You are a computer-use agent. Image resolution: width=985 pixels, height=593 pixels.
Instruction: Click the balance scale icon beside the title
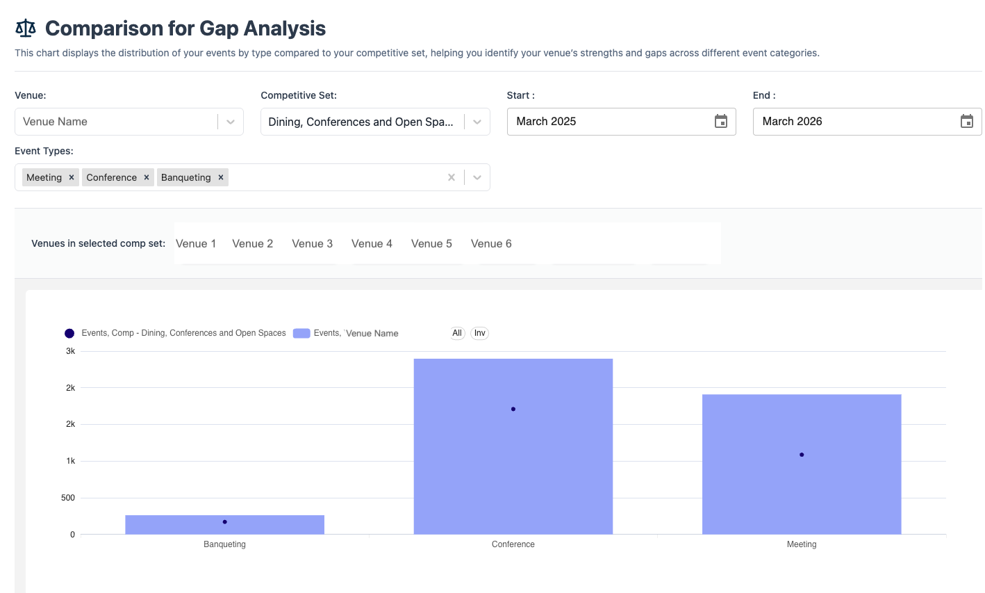(26, 29)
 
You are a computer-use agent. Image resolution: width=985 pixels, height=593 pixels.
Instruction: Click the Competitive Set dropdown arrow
(477, 122)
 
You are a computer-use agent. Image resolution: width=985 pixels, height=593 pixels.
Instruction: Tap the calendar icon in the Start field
(721, 122)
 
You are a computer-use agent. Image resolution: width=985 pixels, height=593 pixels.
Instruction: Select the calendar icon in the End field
(966, 122)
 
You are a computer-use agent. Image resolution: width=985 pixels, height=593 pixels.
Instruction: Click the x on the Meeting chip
(72, 177)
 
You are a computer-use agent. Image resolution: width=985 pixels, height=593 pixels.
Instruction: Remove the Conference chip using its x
(147, 177)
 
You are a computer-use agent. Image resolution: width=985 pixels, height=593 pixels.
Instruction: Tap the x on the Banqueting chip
(221, 177)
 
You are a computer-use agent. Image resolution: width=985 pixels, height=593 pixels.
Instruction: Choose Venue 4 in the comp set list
(372, 243)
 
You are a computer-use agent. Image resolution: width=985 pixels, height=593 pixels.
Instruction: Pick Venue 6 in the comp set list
(491, 243)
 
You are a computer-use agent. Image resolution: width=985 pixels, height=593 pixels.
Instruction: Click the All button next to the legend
(457, 333)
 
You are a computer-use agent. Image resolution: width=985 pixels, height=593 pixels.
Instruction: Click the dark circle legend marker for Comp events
(69, 334)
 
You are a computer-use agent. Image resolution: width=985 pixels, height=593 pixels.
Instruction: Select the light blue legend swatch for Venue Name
(301, 334)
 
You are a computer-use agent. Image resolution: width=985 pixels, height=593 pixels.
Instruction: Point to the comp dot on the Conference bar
(513, 409)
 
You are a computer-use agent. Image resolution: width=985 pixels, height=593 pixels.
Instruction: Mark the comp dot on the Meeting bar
(802, 455)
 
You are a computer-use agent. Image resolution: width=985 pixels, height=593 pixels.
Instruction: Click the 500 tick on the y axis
(68, 498)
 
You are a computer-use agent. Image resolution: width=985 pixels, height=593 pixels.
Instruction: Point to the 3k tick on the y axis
(70, 351)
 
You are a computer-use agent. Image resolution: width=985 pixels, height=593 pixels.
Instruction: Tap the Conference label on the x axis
(513, 544)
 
